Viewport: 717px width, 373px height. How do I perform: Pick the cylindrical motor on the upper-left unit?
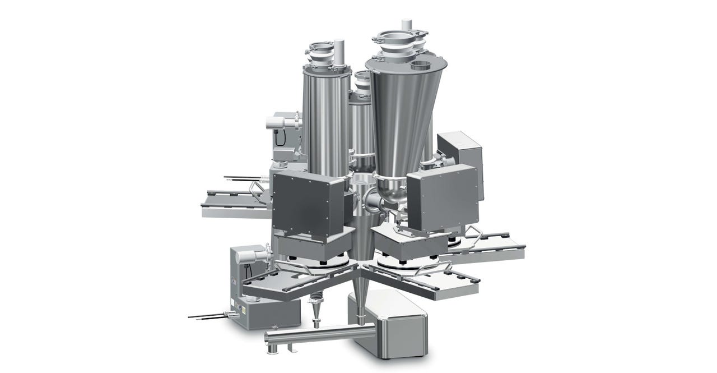277,120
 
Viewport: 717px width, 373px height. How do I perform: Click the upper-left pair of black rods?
241,179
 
